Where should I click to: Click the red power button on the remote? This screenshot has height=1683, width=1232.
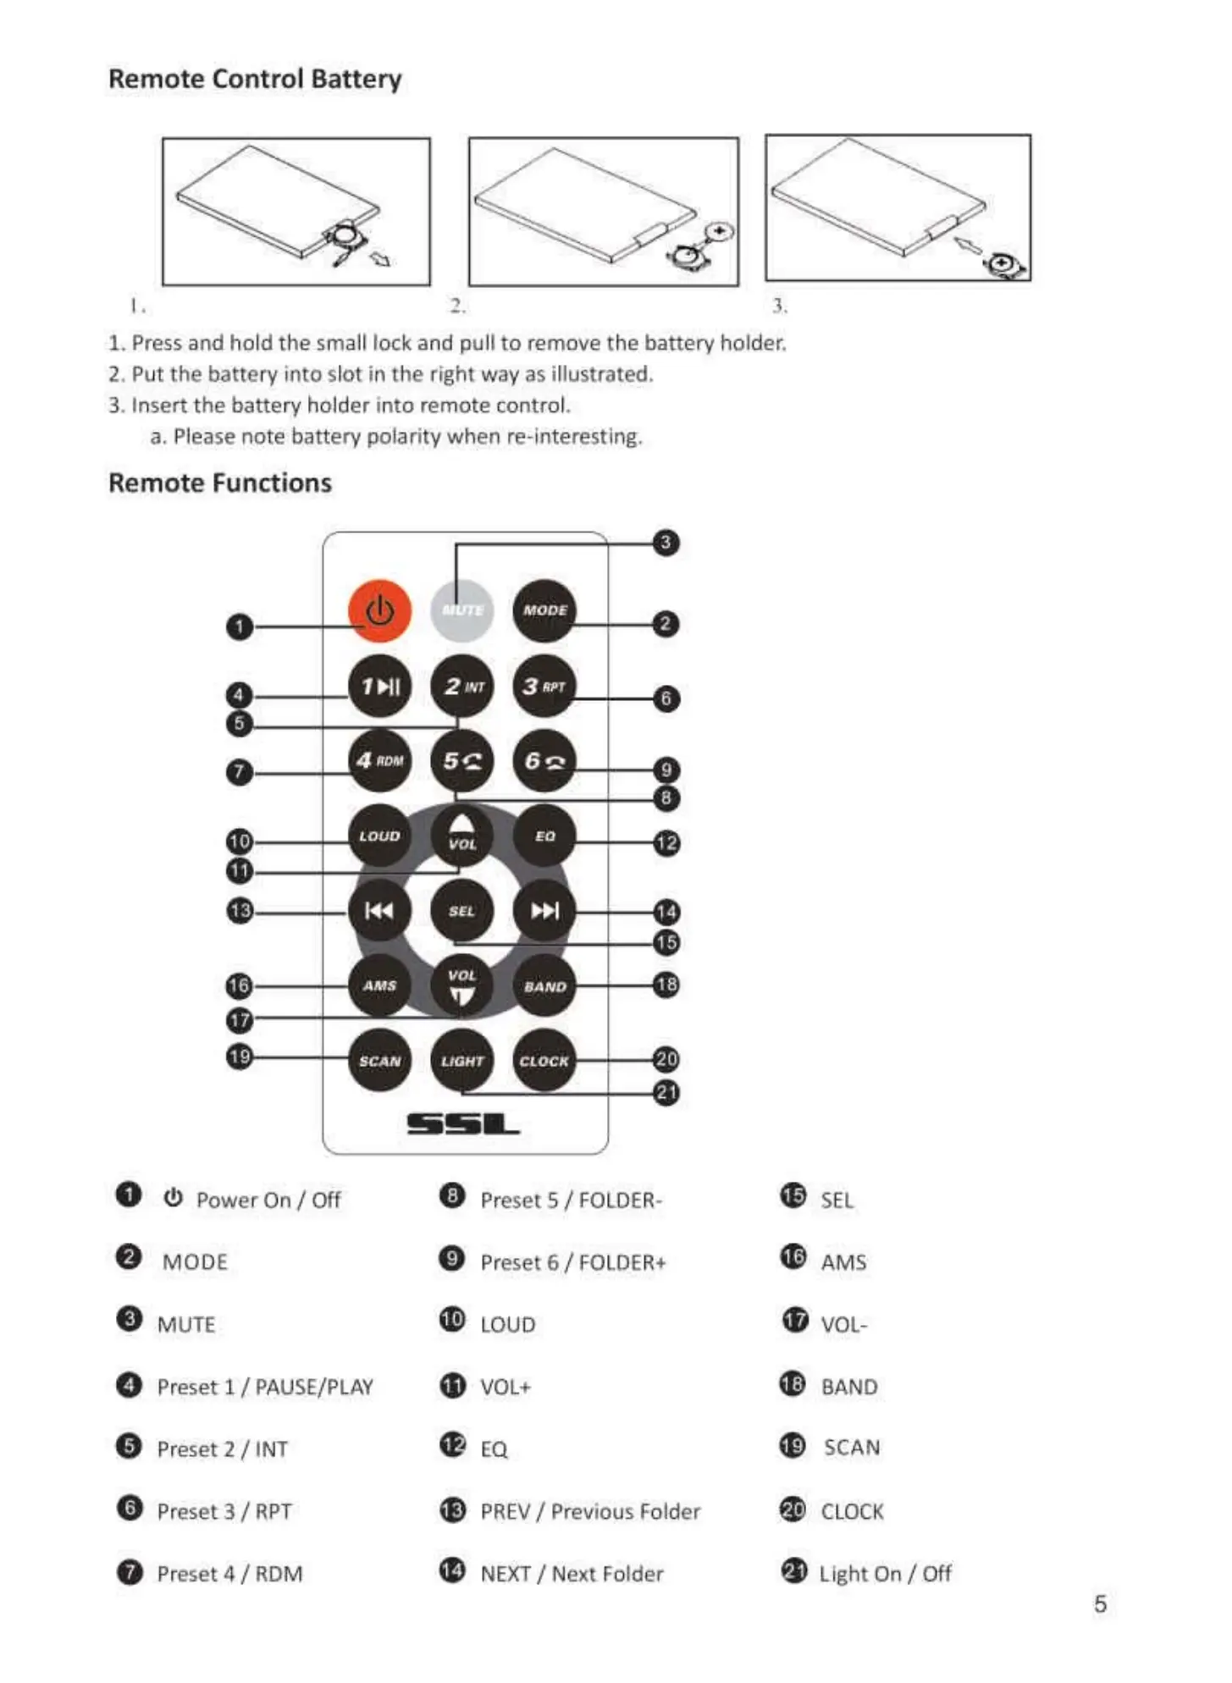(x=379, y=610)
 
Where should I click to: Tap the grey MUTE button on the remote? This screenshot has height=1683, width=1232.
(x=461, y=610)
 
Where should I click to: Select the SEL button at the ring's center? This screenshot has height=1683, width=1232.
(x=461, y=911)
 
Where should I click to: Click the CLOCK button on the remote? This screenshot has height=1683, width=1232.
(x=544, y=1061)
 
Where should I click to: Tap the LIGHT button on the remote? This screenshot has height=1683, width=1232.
(x=461, y=1061)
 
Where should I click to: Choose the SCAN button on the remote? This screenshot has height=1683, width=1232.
(x=379, y=1061)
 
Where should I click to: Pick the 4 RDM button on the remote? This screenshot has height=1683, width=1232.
(x=379, y=760)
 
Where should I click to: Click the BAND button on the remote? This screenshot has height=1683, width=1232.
(x=544, y=986)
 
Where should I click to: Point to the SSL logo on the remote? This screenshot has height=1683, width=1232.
(x=463, y=1124)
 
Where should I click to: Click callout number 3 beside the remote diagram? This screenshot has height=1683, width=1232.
(x=666, y=543)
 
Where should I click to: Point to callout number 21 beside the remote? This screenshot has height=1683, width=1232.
(x=666, y=1093)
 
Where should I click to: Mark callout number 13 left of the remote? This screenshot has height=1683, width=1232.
(x=240, y=911)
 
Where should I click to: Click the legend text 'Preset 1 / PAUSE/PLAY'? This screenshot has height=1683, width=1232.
(x=265, y=1387)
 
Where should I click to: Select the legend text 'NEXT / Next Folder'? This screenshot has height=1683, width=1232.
(x=572, y=1574)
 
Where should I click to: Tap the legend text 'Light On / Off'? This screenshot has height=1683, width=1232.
(x=885, y=1574)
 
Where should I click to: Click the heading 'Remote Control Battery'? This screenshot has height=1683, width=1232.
(x=255, y=79)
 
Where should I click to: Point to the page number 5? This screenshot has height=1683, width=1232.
(x=1100, y=1604)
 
